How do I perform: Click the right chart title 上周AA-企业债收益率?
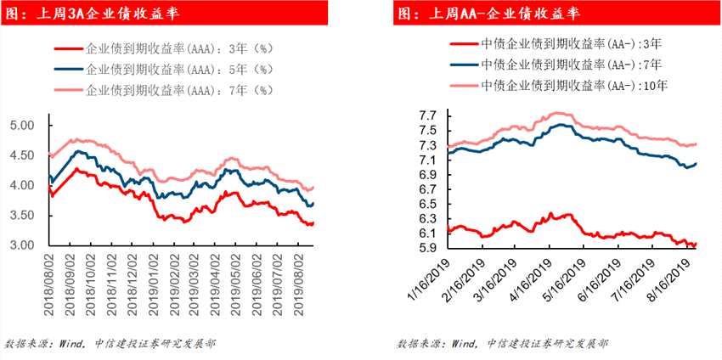point(490,14)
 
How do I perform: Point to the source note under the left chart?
point(110,344)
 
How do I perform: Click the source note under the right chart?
point(502,344)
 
